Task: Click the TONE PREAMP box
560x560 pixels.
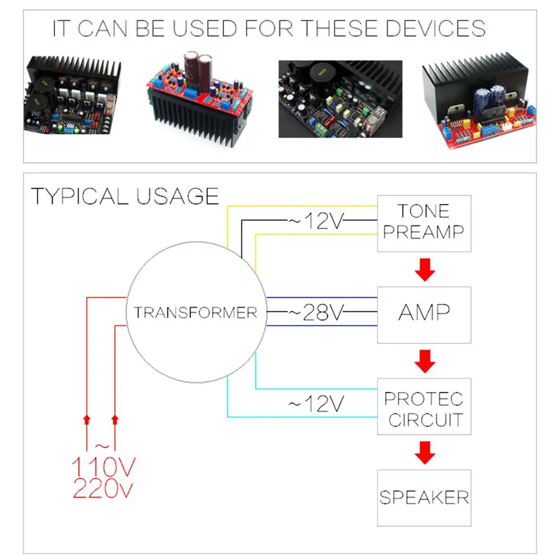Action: (x=424, y=222)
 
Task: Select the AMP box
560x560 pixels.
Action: (x=424, y=314)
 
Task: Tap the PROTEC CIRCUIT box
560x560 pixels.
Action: (x=424, y=409)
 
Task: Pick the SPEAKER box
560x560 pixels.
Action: (x=424, y=497)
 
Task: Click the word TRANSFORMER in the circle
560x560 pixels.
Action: (x=195, y=312)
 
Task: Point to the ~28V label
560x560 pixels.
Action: (x=315, y=312)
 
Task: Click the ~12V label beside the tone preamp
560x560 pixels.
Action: (x=315, y=221)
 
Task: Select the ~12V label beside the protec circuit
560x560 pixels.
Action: (x=315, y=404)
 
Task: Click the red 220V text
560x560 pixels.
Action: (x=104, y=489)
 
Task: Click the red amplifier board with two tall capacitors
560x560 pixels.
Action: (x=202, y=101)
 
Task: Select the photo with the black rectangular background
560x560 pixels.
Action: (x=340, y=99)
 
